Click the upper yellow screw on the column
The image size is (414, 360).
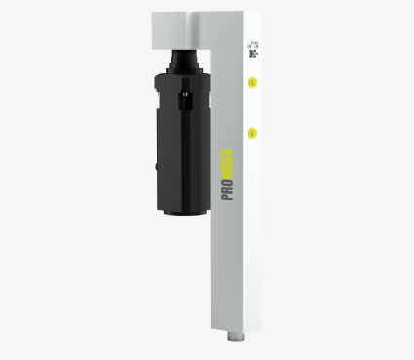coord(252,83)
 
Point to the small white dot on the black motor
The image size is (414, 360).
coord(184,94)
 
